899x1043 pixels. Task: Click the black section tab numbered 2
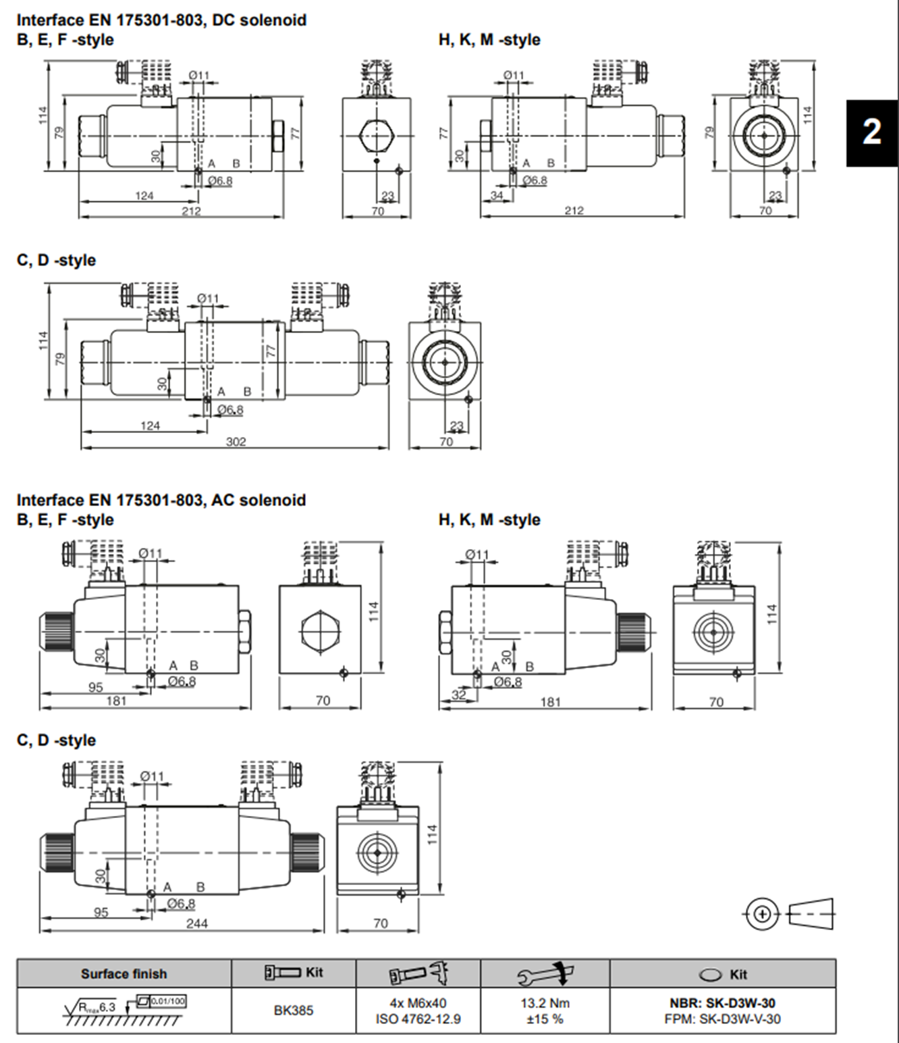coord(871,132)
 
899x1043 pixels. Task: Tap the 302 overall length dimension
coord(236,441)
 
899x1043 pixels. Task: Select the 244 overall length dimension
coord(196,923)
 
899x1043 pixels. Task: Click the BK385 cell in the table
coord(293,1011)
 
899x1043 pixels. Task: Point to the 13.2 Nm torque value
coord(545,1003)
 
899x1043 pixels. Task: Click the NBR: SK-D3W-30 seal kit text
coord(722,1003)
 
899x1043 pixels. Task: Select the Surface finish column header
coord(124,973)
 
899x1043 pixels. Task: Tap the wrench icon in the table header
coord(545,973)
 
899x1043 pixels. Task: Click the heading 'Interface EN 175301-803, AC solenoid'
coord(161,500)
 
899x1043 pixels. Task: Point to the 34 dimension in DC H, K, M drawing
coord(497,196)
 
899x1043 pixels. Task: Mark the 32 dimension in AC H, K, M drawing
coord(458,694)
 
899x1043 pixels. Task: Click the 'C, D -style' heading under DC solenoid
coord(56,260)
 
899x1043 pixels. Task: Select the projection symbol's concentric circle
coord(762,914)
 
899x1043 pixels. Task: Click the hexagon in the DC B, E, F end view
coord(376,135)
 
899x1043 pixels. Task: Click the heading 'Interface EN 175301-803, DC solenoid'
coord(161,20)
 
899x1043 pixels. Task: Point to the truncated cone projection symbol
coord(811,914)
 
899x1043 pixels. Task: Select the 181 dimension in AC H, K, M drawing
coord(550,702)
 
